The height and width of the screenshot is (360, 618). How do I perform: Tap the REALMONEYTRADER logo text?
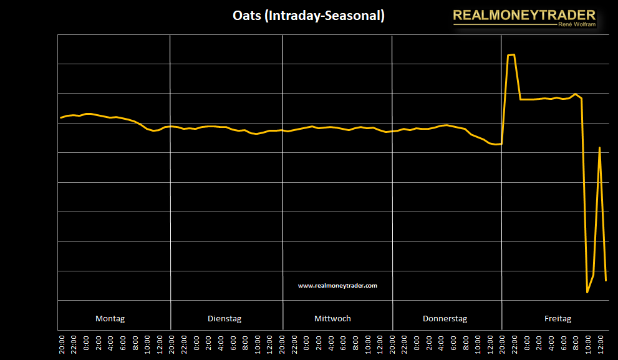point(524,15)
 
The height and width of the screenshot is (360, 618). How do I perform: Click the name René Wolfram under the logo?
point(575,25)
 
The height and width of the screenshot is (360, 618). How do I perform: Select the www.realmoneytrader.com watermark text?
point(337,285)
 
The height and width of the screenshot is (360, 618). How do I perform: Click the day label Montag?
point(110,318)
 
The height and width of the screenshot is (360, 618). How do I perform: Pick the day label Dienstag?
point(225,318)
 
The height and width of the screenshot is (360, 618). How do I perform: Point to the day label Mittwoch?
point(332,318)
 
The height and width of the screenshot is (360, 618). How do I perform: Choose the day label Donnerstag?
point(445,318)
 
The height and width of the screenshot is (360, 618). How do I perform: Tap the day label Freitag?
point(558,318)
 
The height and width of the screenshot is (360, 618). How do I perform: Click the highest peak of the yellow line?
point(511,55)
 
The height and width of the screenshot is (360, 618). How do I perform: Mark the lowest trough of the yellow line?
point(587,292)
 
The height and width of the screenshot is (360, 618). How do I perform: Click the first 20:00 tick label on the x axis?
point(62,344)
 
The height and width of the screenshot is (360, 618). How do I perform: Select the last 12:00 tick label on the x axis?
point(599,344)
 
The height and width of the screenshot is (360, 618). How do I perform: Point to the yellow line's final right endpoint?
point(606,280)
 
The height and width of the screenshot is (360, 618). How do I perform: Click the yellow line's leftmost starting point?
point(60,117)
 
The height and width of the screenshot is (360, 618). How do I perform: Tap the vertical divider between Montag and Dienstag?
point(170,181)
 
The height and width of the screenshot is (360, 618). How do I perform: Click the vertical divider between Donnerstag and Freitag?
point(501,181)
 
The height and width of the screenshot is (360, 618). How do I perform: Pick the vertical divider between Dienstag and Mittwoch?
point(282,181)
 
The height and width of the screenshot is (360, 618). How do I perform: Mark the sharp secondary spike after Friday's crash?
point(599,148)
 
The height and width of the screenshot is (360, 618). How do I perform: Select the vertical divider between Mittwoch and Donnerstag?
point(392,181)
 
